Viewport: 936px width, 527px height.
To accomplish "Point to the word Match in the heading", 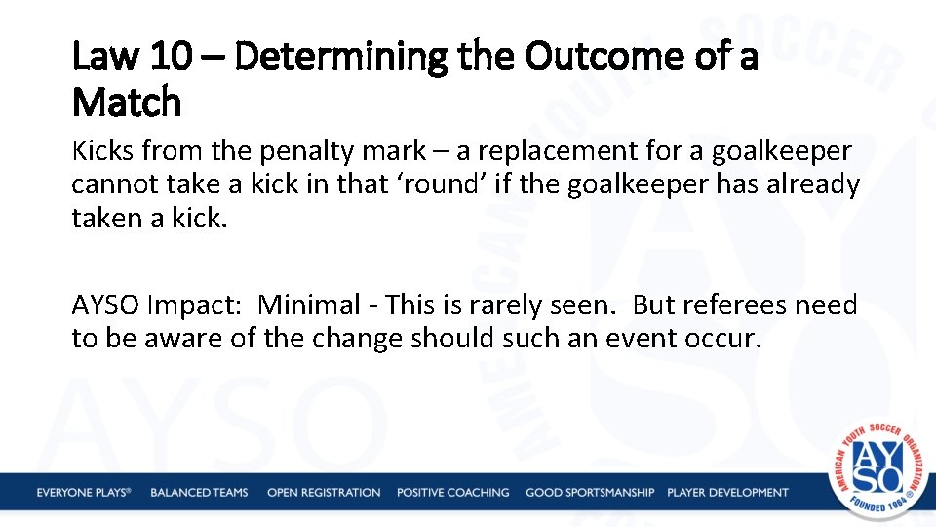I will pyautogui.click(x=127, y=101).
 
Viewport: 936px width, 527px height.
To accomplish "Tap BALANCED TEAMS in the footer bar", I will pyautogui.click(x=199, y=493).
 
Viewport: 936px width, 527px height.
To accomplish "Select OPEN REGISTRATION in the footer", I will pyautogui.click(x=324, y=493).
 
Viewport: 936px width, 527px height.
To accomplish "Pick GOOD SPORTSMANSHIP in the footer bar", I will pyautogui.click(x=590, y=493).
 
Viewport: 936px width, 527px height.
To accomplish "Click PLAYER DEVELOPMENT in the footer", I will pyautogui.click(x=727, y=493).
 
